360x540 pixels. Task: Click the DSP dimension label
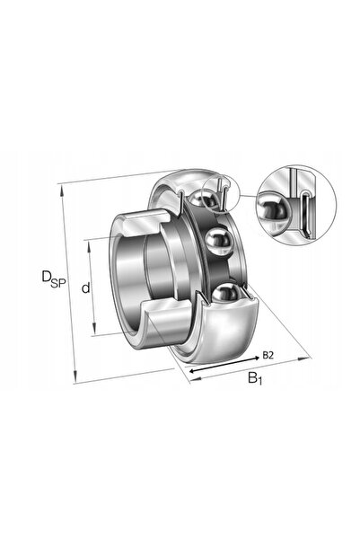(53, 279)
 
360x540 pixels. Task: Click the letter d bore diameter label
(85, 288)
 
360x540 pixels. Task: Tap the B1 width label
(255, 378)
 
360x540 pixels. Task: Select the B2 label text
(268, 355)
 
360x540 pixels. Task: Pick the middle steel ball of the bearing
(218, 242)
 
